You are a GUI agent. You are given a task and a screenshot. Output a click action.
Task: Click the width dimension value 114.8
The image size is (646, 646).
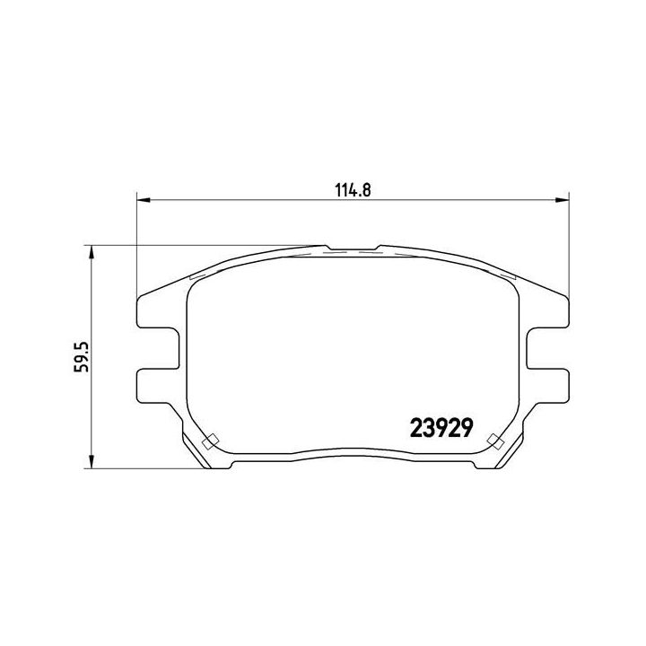(x=354, y=188)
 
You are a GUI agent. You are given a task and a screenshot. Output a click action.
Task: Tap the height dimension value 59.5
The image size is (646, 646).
(x=81, y=356)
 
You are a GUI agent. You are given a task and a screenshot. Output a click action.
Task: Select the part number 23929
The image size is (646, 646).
(x=441, y=424)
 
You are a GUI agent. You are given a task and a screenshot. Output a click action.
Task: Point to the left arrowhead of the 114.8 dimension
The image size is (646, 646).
(x=142, y=198)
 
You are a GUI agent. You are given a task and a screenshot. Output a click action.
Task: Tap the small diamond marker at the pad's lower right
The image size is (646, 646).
(x=493, y=441)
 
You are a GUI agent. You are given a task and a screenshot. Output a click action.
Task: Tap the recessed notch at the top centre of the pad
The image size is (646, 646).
(x=354, y=249)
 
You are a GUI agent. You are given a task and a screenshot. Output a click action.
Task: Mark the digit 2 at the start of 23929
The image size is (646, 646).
(x=415, y=424)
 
